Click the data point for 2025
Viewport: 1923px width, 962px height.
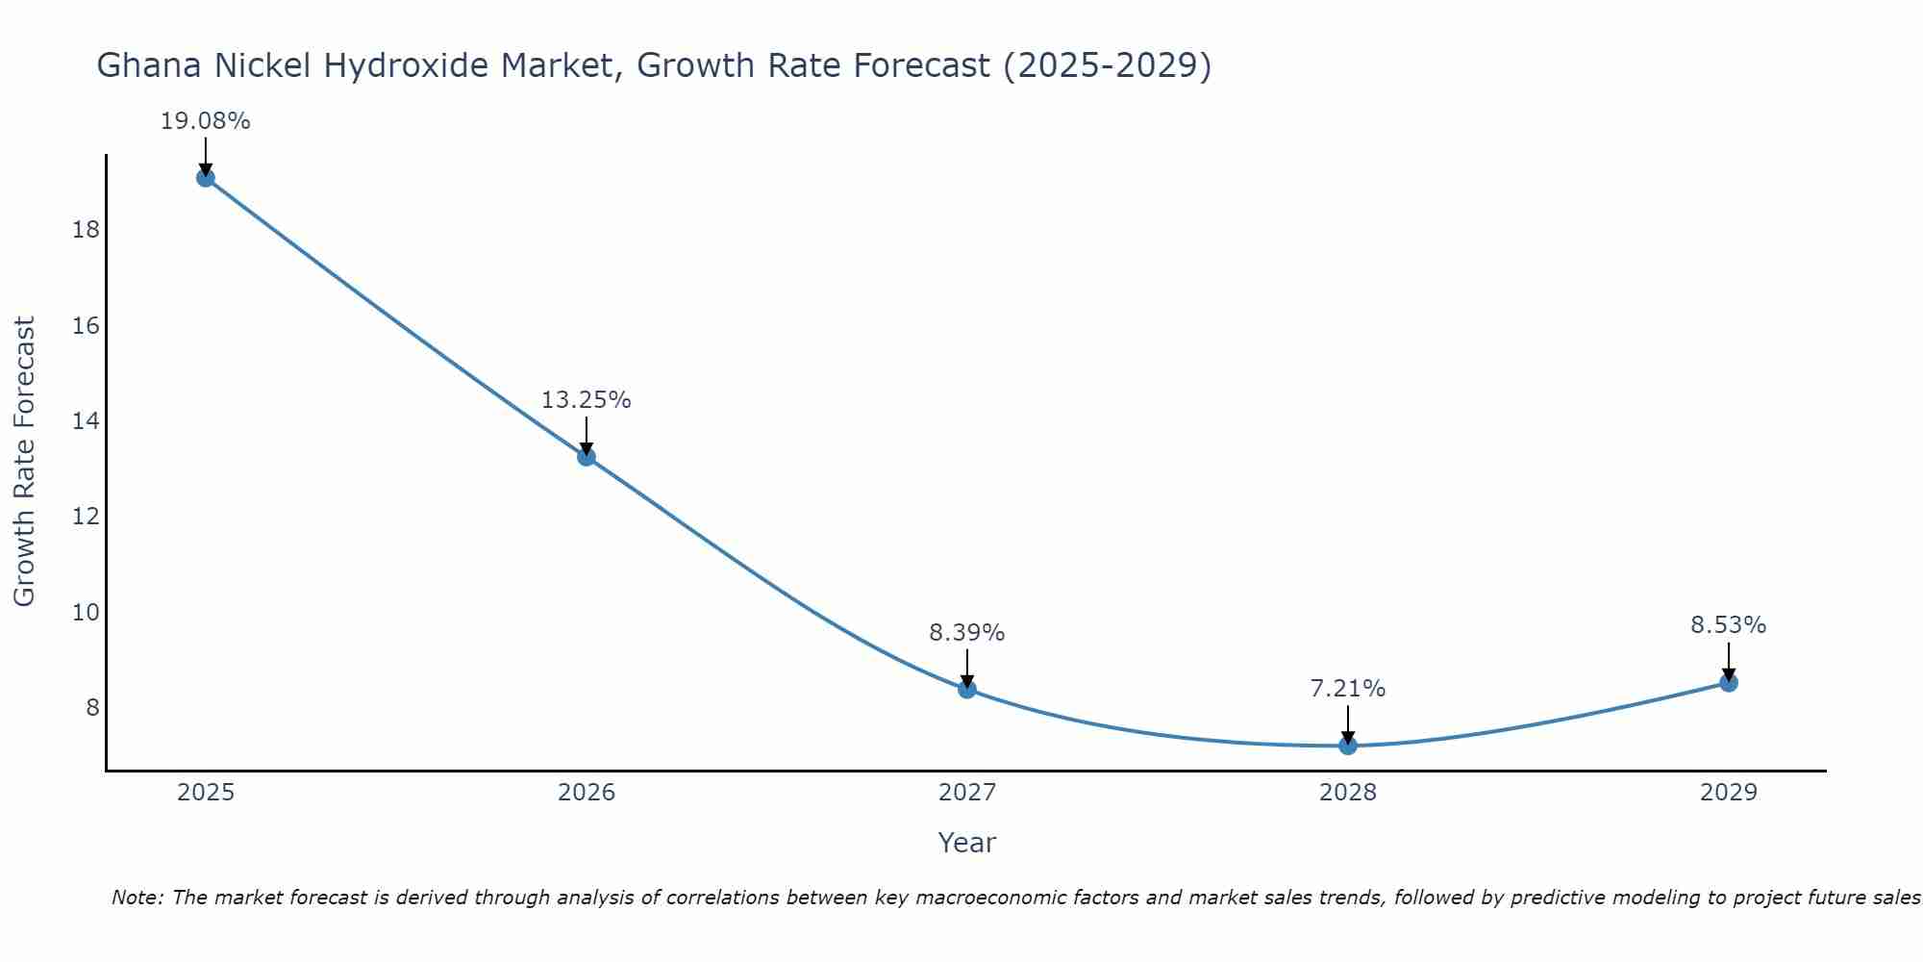205,177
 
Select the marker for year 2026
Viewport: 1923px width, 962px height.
587,456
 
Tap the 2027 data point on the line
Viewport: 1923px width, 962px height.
967,689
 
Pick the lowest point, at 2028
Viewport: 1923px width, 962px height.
1348,745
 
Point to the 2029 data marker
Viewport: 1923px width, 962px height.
1729,683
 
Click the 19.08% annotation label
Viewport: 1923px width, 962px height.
205,121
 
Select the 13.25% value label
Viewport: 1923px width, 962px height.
586,400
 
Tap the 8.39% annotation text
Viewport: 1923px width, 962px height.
966,633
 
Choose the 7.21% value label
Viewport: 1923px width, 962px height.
1347,689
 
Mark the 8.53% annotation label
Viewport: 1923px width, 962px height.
1728,625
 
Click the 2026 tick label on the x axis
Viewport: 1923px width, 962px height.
587,793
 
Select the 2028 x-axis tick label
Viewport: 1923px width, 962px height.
1348,793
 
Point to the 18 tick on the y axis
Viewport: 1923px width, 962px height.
86,230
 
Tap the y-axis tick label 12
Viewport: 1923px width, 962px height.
86,517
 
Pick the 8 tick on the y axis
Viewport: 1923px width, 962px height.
92,708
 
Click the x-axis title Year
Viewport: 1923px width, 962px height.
966,843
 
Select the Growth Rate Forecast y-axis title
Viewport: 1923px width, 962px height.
24,461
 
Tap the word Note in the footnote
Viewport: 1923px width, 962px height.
137,898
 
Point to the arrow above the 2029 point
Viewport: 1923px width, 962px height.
1729,662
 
